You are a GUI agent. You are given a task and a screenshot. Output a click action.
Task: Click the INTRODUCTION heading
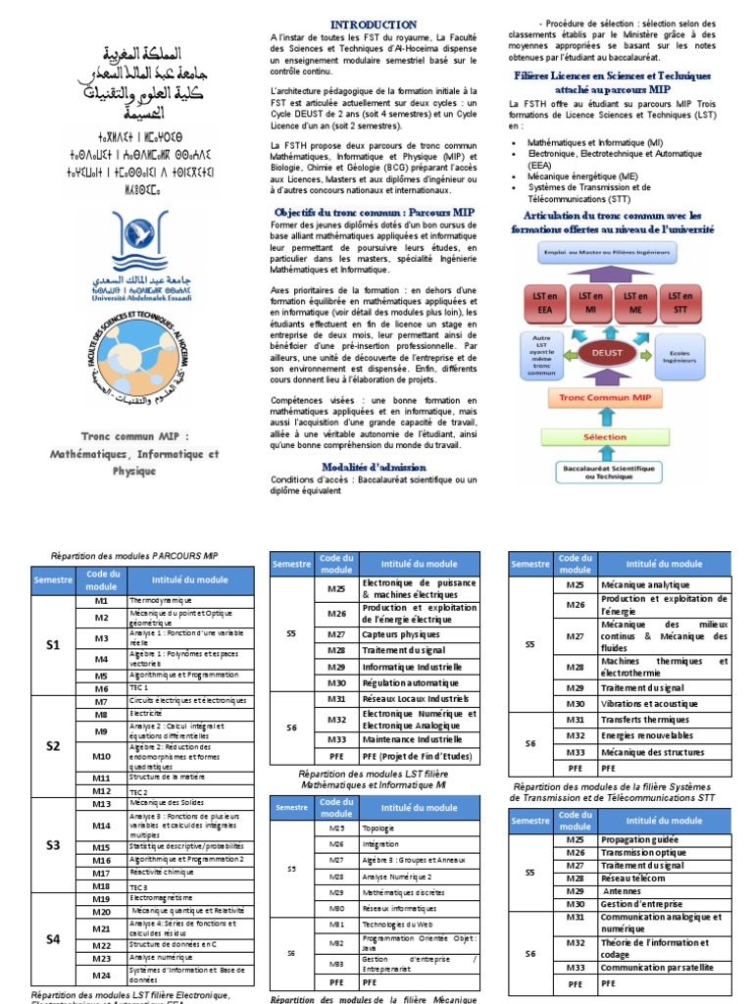373,25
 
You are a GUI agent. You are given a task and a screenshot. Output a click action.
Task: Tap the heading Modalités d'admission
373,468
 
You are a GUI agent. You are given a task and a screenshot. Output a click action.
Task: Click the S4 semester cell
53,939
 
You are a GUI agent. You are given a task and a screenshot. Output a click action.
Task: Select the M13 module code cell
102,804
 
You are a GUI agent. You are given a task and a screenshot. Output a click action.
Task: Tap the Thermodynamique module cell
183,600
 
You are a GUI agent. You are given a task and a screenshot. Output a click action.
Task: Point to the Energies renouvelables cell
664,735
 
